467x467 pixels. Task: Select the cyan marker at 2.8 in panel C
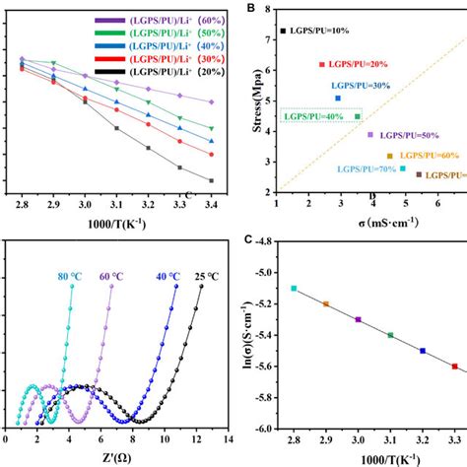[x=294, y=289]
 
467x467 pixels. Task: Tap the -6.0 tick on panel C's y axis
[x=261, y=429]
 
